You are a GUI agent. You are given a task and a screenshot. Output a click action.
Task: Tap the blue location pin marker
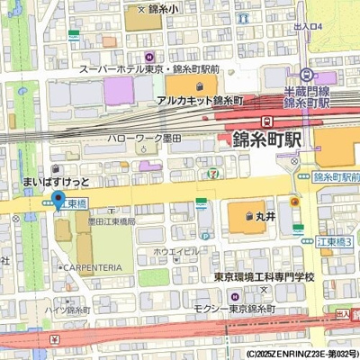(x=58, y=200)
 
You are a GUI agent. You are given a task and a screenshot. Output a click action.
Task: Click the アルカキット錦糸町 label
(x=204, y=102)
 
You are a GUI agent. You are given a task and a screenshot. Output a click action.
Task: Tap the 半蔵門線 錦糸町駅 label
(x=309, y=97)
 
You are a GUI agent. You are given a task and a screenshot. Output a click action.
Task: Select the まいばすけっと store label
(x=56, y=182)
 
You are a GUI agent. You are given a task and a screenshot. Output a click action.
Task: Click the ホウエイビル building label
(x=176, y=251)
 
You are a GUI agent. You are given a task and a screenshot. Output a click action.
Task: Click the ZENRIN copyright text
(x=302, y=354)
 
